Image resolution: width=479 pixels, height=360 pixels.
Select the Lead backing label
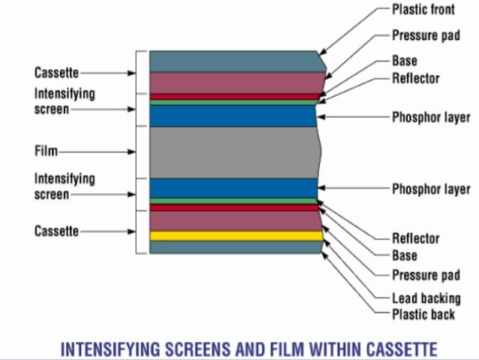point(426,298)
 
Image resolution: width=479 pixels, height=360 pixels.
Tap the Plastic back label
point(423,314)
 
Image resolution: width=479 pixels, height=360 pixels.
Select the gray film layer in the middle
point(233,152)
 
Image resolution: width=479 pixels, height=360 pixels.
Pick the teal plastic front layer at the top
point(233,61)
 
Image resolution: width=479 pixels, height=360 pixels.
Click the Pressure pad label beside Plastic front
point(426,35)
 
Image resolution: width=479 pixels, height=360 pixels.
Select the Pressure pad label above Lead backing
point(426,275)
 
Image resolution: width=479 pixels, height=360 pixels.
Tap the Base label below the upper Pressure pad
point(405,61)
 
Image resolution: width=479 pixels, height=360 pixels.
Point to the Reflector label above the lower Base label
point(415,238)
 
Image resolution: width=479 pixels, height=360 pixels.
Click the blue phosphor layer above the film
point(233,116)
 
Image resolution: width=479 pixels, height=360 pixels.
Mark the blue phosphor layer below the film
point(233,188)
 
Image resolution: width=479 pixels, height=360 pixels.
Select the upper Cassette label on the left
point(56,73)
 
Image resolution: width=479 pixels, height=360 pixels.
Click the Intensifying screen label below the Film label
point(65,186)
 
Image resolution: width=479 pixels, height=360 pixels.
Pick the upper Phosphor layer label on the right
point(431,117)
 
